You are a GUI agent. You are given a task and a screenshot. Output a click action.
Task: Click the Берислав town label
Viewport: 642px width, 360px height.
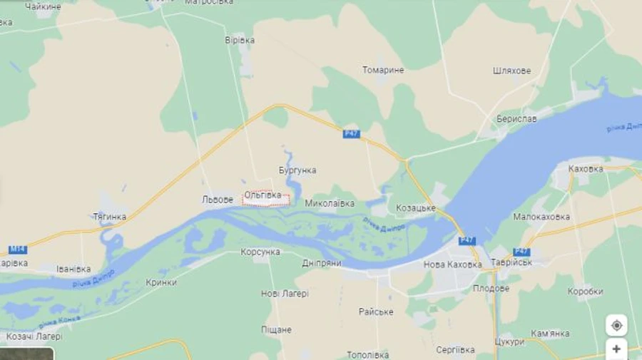[x=516, y=118]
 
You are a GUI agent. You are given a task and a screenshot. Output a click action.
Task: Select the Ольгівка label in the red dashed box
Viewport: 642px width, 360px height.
[x=265, y=195]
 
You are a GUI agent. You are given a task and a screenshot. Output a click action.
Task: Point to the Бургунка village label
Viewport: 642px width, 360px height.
[x=297, y=170]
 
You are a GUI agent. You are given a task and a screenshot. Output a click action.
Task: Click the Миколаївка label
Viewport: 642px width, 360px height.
[x=330, y=203]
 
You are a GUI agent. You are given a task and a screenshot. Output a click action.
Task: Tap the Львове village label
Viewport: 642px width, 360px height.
[x=218, y=200]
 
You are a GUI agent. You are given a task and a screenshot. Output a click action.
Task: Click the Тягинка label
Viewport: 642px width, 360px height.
[x=110, y=217]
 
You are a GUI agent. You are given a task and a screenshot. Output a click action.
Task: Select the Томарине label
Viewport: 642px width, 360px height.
[x=383, y=70]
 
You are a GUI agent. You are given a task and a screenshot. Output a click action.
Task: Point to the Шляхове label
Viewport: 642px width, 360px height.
[x=511, y=71]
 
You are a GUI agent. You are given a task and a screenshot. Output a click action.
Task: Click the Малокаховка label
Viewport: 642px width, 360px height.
[x=541, y=217]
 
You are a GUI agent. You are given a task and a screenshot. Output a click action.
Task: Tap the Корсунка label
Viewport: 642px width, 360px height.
[x=260, y=252]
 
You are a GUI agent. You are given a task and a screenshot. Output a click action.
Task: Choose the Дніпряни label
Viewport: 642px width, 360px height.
[x=321, y=263]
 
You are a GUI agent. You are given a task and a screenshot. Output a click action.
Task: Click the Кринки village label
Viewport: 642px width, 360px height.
[x=161, y=282]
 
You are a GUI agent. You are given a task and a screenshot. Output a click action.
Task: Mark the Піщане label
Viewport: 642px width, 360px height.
[x=276, y=329]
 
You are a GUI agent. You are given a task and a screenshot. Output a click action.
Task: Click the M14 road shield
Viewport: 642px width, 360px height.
[x=18, y=249]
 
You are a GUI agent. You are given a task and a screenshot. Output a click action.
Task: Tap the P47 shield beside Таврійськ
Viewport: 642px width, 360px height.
[x=521, y=252]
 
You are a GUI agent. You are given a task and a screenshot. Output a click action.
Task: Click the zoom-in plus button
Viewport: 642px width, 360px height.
[x=616, y=349]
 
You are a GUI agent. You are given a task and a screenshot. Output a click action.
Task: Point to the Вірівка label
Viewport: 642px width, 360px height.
[x=240, y=40]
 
